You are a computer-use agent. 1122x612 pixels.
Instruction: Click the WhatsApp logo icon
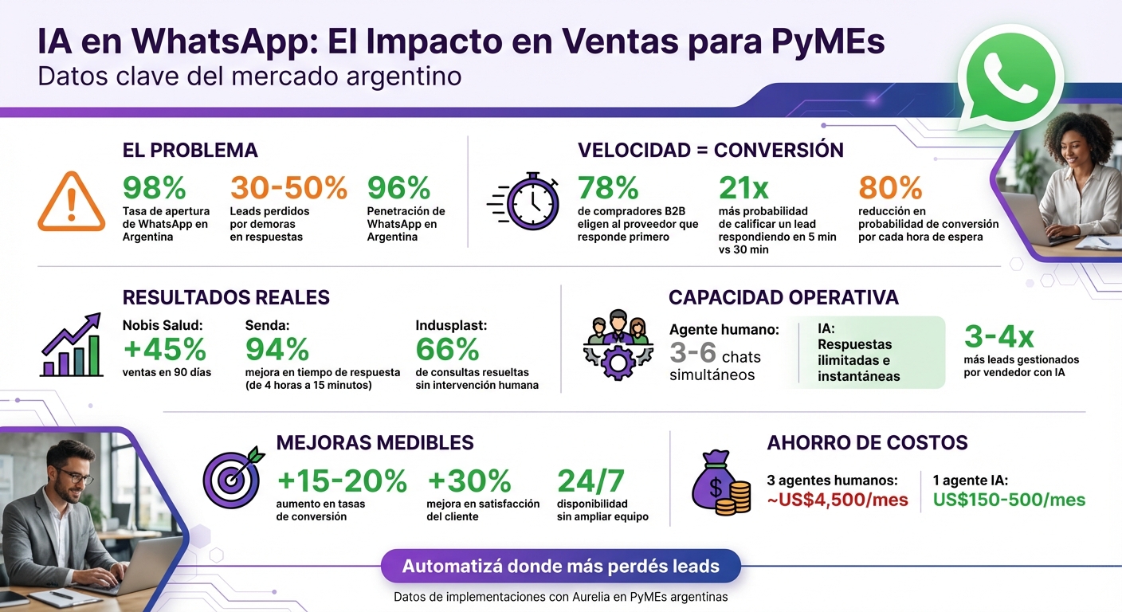point(1010,77)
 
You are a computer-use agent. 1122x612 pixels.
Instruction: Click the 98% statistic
point(154,188)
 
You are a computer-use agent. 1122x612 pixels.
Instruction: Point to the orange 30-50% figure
point(288,188)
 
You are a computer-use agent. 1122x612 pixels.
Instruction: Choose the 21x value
point(743,188)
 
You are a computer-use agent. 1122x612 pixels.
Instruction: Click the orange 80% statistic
point(889,188)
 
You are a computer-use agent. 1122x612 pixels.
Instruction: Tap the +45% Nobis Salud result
point(164,349)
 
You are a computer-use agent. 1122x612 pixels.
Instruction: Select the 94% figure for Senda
point(277,349)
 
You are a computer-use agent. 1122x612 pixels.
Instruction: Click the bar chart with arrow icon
point(71,345)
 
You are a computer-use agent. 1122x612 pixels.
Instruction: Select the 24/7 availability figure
point(590,481)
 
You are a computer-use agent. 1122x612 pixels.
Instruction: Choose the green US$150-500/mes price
point(1009,500)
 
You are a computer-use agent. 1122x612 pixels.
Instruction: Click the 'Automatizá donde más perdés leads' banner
point(560,567)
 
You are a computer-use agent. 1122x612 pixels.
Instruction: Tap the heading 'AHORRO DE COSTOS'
point(867,443)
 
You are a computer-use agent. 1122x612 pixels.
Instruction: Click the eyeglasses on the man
point(74,477)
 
